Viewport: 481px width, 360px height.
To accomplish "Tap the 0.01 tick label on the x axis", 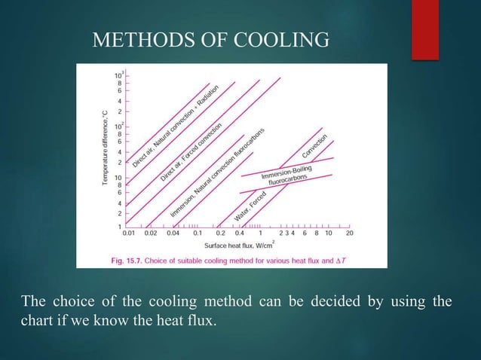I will click(130, 233).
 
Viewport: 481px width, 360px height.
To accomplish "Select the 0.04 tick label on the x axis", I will click(173, 233).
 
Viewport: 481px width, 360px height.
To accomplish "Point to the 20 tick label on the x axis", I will click(350, 233).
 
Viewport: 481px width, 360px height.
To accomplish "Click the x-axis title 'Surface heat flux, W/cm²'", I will click(239, 245).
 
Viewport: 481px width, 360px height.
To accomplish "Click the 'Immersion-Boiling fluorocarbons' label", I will click(289, 178).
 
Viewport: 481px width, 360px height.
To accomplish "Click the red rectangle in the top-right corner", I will click(449, 29).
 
